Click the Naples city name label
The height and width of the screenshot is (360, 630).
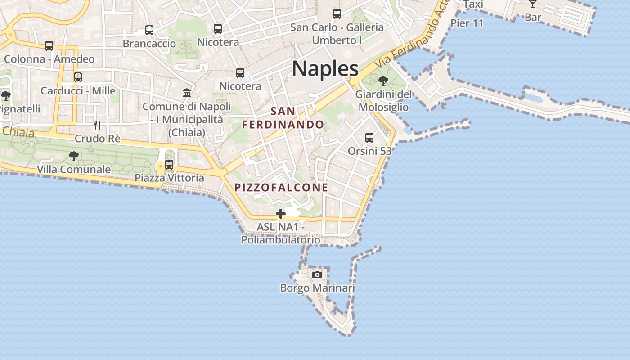325,69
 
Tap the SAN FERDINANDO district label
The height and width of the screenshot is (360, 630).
283,118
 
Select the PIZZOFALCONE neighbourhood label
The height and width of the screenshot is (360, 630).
281,188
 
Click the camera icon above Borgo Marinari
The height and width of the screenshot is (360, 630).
317,274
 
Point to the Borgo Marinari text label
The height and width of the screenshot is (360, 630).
317,288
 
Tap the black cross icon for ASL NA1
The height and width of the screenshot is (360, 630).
281,214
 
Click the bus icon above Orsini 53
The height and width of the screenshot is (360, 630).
369,138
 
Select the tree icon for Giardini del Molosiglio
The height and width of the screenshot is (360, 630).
383,81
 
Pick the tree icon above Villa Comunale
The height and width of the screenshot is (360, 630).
74,156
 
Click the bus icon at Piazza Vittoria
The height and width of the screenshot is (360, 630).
169,165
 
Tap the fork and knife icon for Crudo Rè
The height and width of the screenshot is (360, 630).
97,125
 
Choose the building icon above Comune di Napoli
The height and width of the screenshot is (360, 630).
187,93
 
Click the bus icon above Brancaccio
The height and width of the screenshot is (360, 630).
149,30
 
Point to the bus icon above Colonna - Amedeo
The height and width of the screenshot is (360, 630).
49,45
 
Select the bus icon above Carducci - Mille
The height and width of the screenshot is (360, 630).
78,77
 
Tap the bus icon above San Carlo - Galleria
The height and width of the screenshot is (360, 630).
337,14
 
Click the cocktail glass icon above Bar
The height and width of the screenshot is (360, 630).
533,4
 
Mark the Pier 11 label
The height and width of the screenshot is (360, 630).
467,23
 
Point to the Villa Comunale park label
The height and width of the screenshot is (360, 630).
74,170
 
